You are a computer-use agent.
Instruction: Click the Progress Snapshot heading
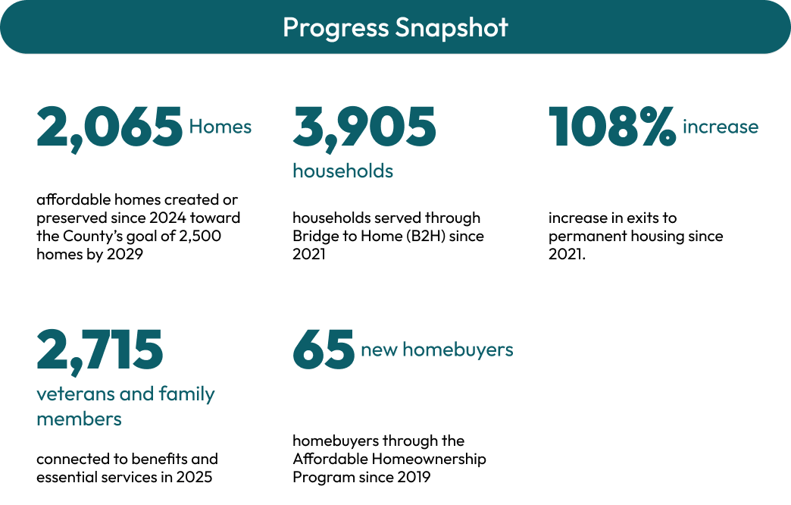[395, 27]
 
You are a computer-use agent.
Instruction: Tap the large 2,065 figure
[109, 127]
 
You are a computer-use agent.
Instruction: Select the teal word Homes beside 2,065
[220, 126]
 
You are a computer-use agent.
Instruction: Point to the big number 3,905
[364, 127]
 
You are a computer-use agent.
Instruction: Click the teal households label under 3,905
[343, 171]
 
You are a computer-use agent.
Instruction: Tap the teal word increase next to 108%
[721, 126]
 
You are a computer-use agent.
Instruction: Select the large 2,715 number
[100, 350]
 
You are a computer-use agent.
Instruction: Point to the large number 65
[324, 350]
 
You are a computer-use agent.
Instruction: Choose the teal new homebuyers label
[437, 350]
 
